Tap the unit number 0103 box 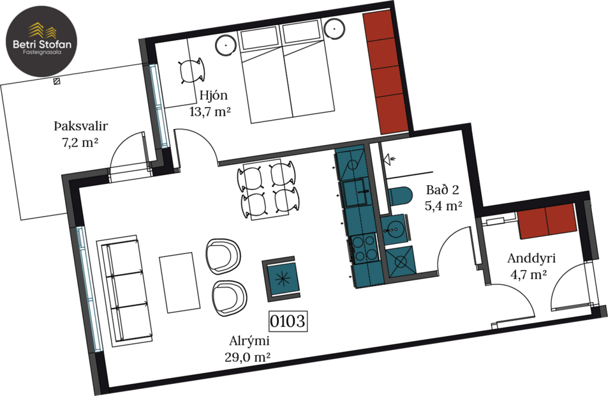(x=288, y=320)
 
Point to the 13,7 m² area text (x=210, y=112)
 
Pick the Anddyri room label (x=532, y=259)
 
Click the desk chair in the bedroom (x=191, y=71)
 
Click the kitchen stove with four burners (x=364, y=248)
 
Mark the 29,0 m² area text (x=248, y=357)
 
